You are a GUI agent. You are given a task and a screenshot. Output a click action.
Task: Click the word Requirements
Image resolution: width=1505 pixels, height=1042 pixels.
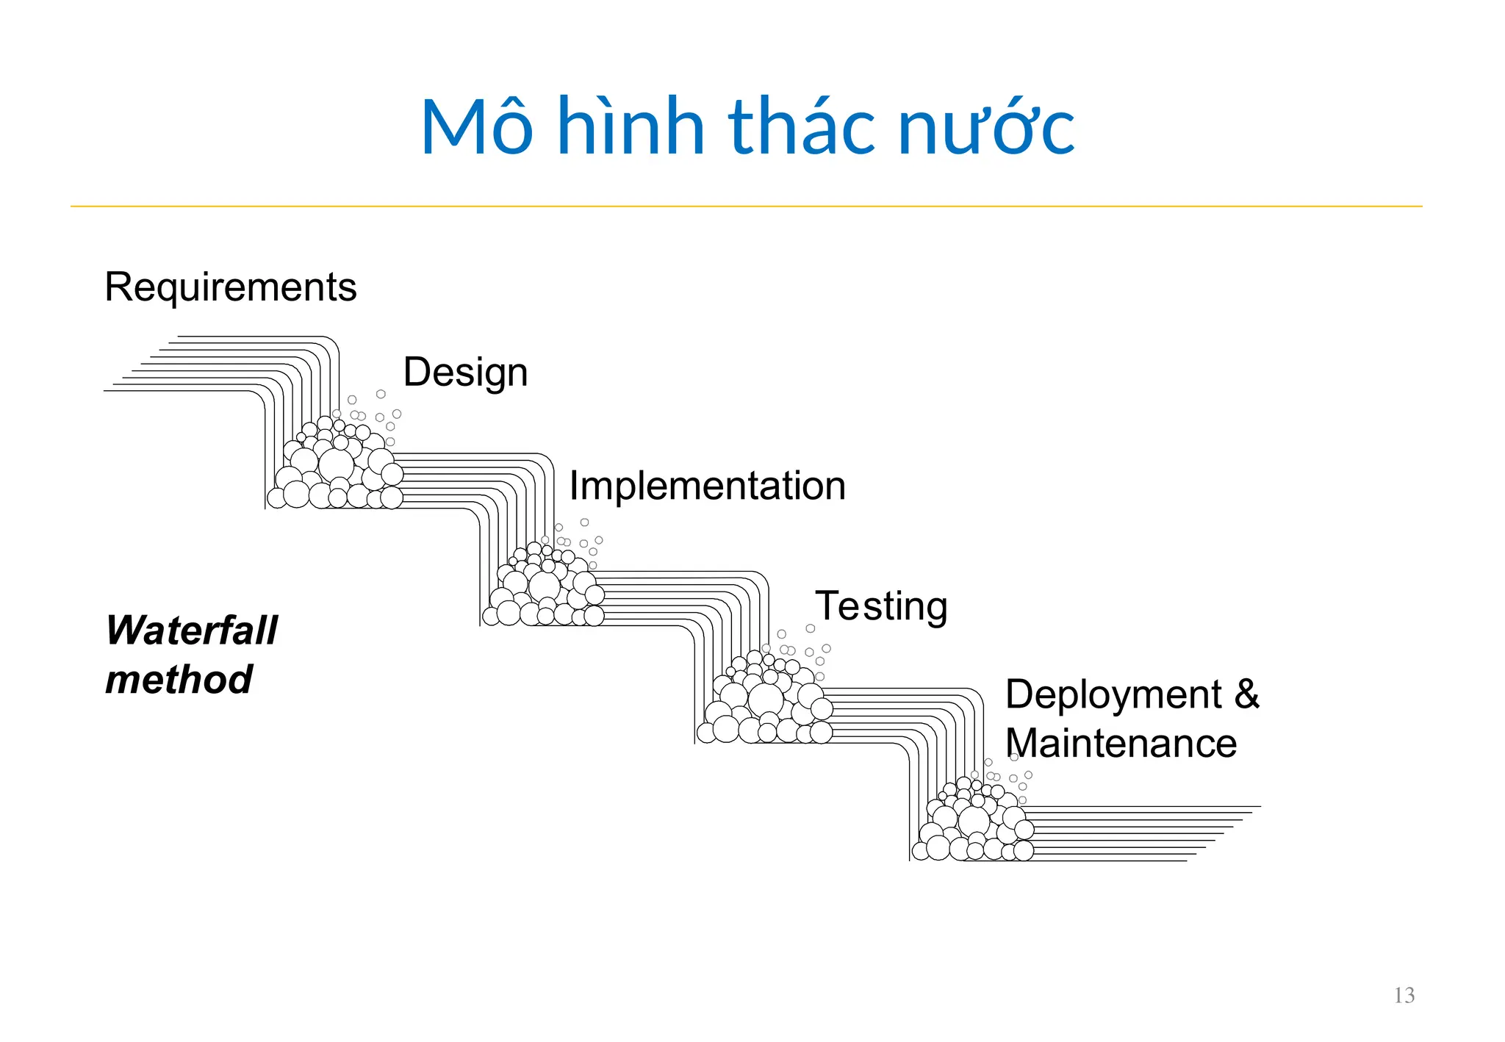coord(230,287)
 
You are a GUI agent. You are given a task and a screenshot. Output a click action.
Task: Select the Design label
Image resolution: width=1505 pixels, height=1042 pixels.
coord(465,372)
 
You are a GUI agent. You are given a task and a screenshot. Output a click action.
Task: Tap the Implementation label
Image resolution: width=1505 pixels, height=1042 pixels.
coord(707,486)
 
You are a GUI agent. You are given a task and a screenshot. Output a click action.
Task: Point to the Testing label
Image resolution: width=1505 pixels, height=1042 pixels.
coord(881,606)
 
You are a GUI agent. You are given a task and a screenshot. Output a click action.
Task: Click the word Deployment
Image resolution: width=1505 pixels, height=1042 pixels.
coord(1113,694)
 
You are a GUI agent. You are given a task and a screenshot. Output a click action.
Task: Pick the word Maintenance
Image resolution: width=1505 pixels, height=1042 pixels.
coord(1121,743)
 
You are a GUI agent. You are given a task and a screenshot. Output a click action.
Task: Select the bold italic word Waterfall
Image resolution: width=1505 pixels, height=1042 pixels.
coord(192,630)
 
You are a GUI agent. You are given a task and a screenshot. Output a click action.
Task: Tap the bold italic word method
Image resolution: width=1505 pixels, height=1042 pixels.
coord(179,679)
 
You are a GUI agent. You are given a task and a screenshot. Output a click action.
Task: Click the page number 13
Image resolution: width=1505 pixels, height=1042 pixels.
coord(1404,996)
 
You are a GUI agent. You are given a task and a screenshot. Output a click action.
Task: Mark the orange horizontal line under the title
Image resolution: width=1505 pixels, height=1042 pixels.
coord(746,206)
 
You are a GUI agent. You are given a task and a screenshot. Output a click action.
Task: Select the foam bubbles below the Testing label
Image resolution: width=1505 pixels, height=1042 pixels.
coord(766,702)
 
